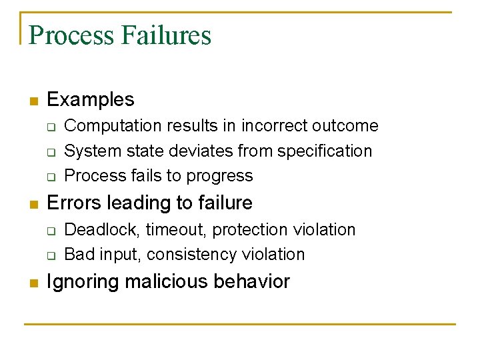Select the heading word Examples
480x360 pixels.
(91, 100)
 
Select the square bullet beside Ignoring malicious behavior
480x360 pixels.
(33, 283)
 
